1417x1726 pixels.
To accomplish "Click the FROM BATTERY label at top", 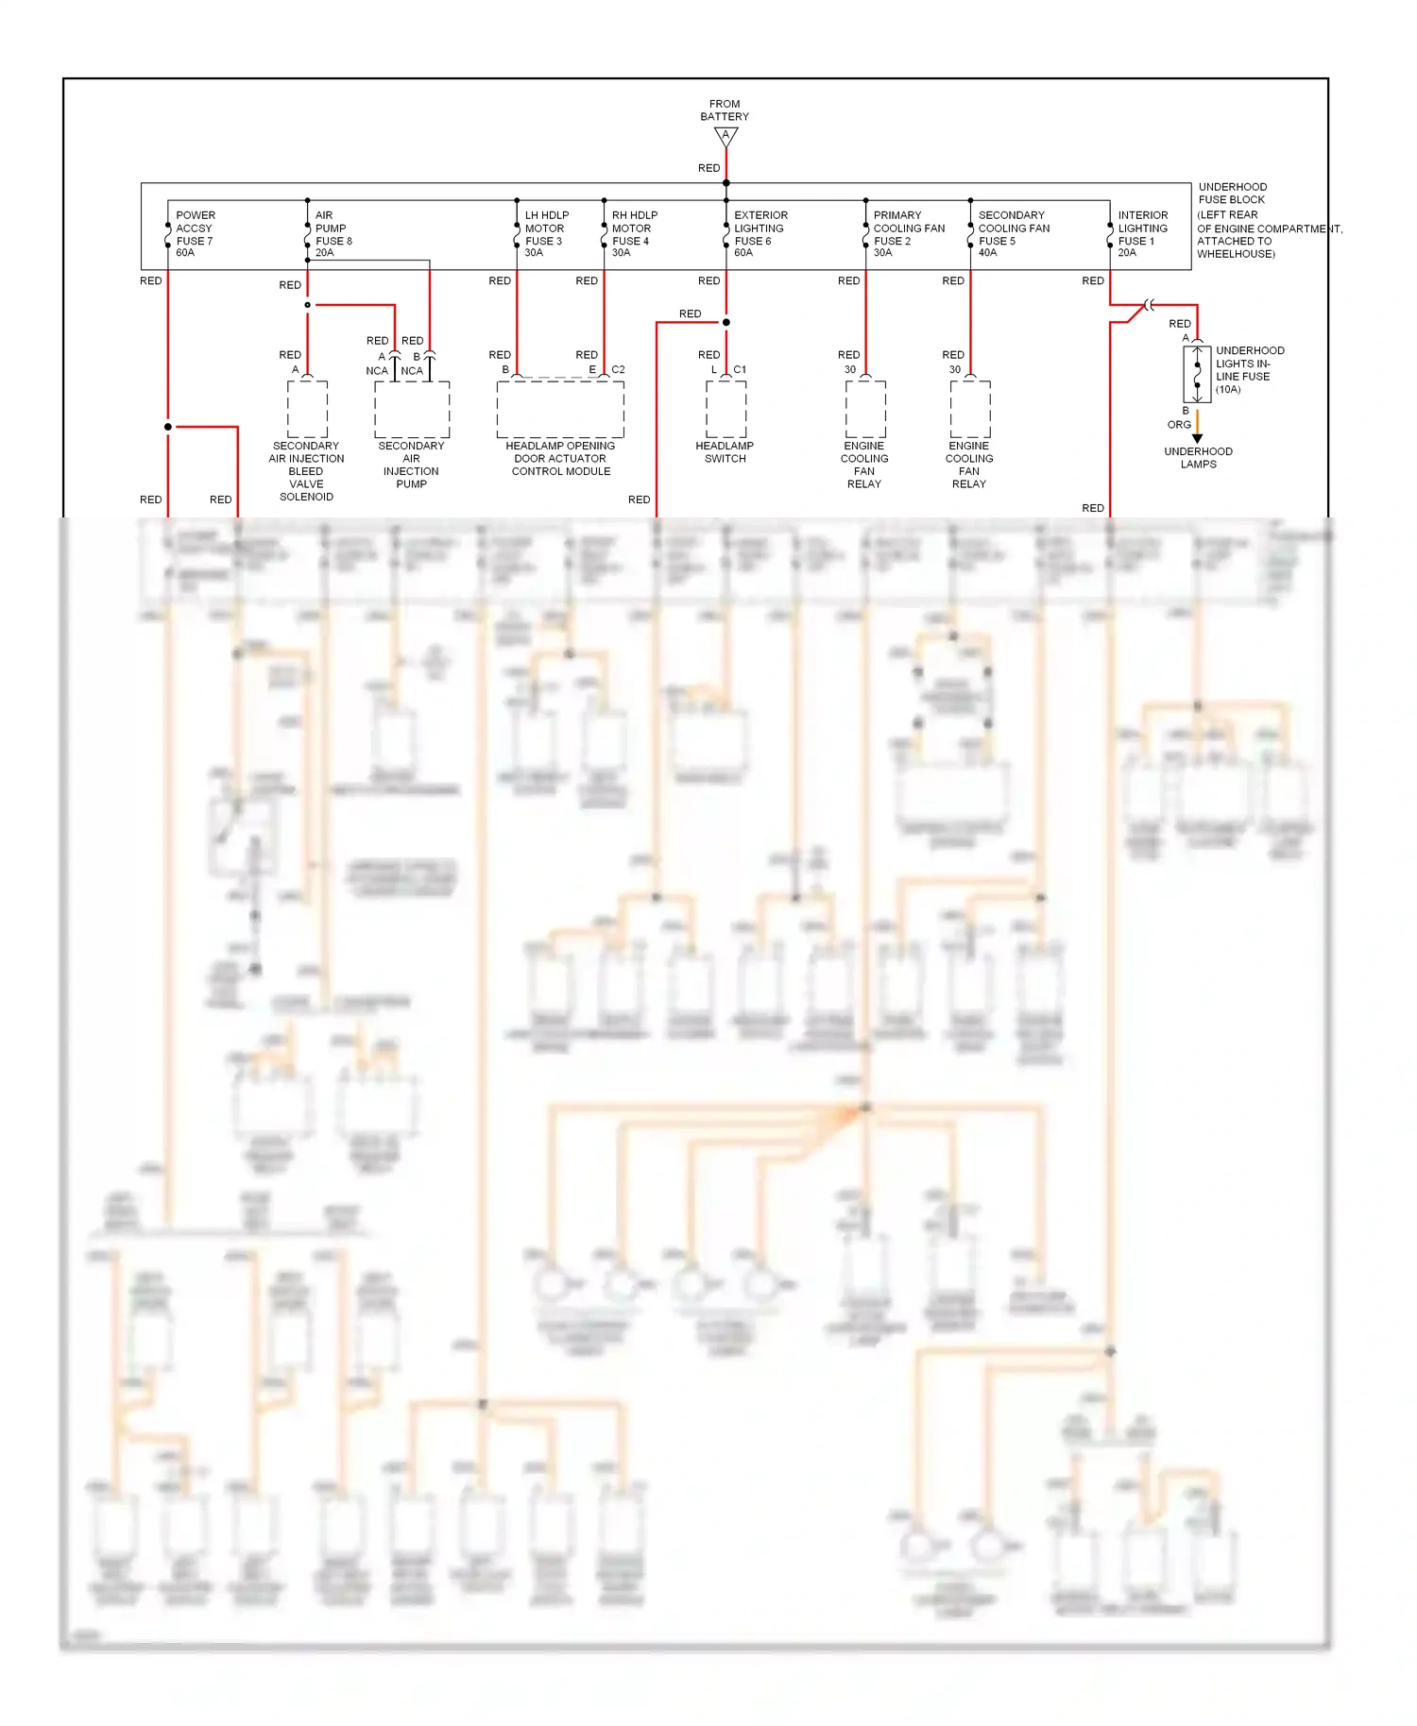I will pos(725,110).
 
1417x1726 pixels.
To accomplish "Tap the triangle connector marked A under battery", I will pos(726,136).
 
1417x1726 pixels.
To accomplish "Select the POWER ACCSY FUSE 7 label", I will pos(195,233).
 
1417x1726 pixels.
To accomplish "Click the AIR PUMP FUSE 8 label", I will pos(333,233).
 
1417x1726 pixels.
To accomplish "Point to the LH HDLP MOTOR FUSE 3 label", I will pos(546,233).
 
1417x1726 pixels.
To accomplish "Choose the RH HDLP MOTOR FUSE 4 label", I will pos(634,233).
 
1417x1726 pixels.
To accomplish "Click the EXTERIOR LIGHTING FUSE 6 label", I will pos(760,233).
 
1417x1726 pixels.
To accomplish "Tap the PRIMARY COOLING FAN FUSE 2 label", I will pos(908,233).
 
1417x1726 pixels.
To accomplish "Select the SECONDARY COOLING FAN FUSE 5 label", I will pos(1013,233).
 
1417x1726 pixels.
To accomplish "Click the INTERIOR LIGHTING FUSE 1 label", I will pos(1142,233).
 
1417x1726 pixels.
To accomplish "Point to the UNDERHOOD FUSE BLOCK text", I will pos(1233,194).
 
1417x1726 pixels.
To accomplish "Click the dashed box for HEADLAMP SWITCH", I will pos(726,409).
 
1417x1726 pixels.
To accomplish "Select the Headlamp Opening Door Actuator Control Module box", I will pos(560,409).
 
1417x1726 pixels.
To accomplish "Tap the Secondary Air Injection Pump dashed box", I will pos(412,409).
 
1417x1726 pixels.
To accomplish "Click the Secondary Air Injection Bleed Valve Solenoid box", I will pos(307,409).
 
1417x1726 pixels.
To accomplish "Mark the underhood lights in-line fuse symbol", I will pos(1197,374).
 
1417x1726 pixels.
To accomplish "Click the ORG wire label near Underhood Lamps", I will pos(1178,425).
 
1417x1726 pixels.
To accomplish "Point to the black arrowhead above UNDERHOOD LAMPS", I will pos(1197,438).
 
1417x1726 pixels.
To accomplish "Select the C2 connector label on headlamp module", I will pos(618,369).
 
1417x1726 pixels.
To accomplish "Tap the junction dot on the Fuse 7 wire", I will pos(168,427).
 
